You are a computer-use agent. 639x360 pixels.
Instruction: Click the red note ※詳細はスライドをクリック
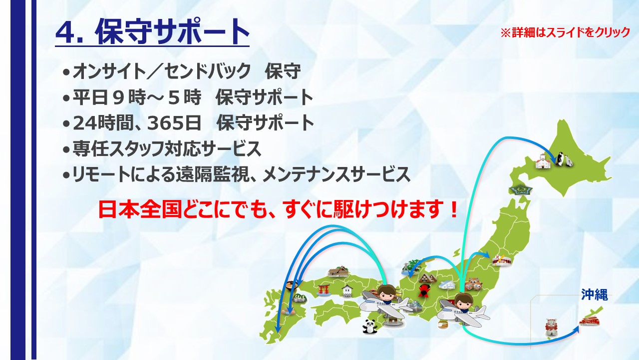(x=565, y=32)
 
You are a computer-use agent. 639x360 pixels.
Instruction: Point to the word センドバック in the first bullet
(x=207, y=71)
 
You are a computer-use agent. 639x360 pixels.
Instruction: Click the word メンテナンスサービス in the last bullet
(x=336, y=174)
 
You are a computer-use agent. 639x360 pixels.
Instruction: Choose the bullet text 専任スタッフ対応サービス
(x=167, y=148)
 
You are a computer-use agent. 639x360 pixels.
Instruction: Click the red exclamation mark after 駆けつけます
(x=453, y=209)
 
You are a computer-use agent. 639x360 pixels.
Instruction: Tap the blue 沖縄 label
(x=595, y=294)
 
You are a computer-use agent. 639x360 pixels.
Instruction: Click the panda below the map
(x=370, y=326)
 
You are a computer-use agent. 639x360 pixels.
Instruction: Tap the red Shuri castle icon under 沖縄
(x=590, y=321)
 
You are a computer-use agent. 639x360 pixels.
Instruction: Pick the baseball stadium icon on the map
(x=501, y=259)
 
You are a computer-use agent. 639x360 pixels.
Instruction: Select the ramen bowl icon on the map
(x=292, y=286)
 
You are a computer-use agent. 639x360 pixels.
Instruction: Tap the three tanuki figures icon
(x=473, y=284)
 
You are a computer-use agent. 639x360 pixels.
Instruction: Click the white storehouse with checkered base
(x=347, y=291)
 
